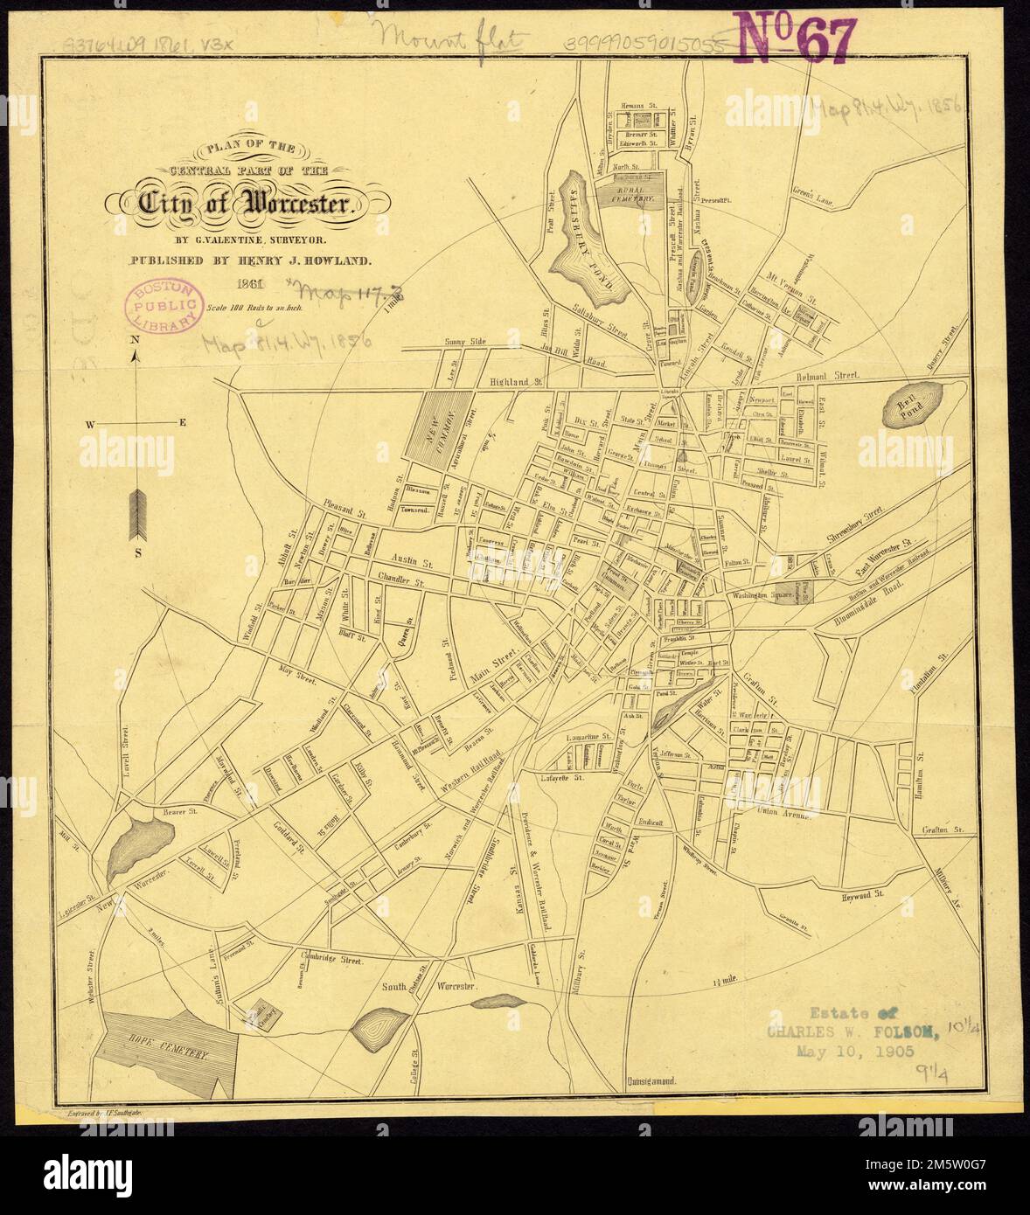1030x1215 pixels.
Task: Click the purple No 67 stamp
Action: coord(793,38)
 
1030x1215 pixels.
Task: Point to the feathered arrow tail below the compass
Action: coord(136,516)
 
